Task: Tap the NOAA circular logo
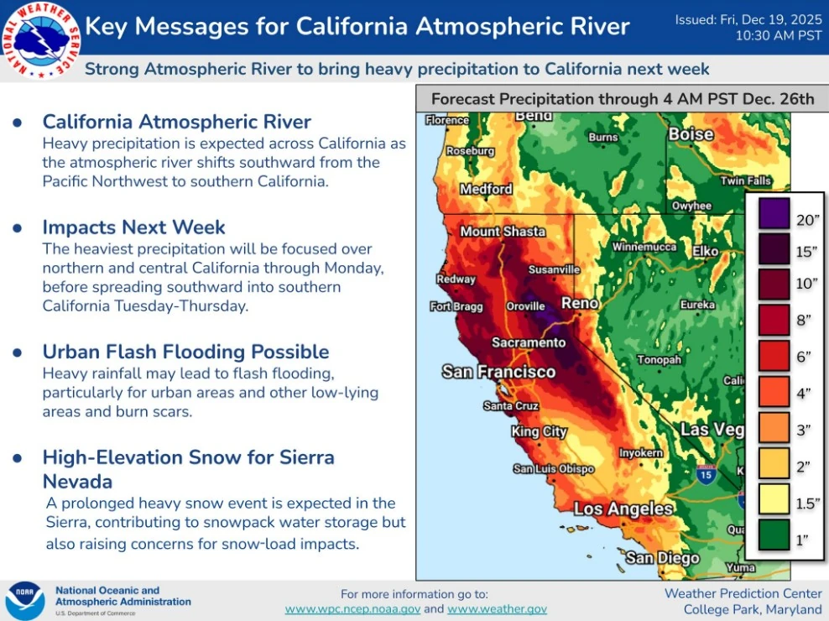[24, 601]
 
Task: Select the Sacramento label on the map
[528, 342]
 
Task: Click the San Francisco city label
[498, 372]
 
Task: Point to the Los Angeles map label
[623, 509]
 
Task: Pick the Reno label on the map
[580, 303]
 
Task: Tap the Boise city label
[691, 134]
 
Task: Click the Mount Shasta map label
[503, 232]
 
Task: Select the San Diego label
[662, 558]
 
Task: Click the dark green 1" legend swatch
[771, 540]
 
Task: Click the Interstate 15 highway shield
[706, 475]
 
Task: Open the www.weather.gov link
[497, 609]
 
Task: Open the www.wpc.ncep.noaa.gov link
[352, 609]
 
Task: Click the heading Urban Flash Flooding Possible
[185, 352]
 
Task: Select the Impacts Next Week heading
[134, 227]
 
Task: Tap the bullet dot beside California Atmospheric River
[17, 123]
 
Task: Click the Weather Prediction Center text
[743, 593]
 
